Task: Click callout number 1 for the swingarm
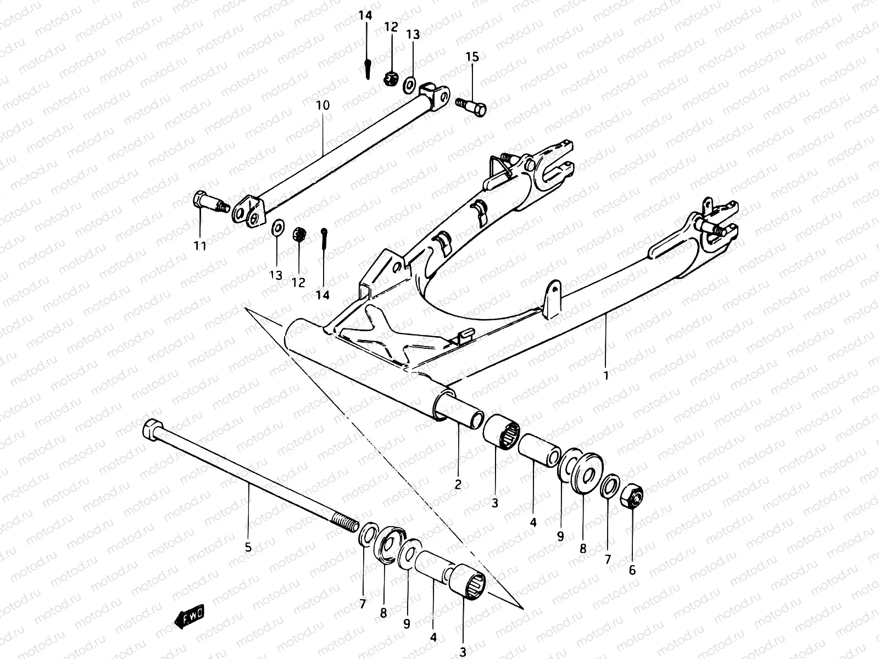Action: [x=606, y=376]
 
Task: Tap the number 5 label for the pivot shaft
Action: [x=248, y=547]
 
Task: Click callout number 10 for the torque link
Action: [x=323, y=105]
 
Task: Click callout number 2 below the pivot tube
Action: [x=458, y=484]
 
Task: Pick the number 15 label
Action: [x=472, y=57]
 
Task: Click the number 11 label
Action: [x=200, y=246]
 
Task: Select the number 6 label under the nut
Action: [x=632, y=570]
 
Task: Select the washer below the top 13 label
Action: [x=409, y=84]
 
